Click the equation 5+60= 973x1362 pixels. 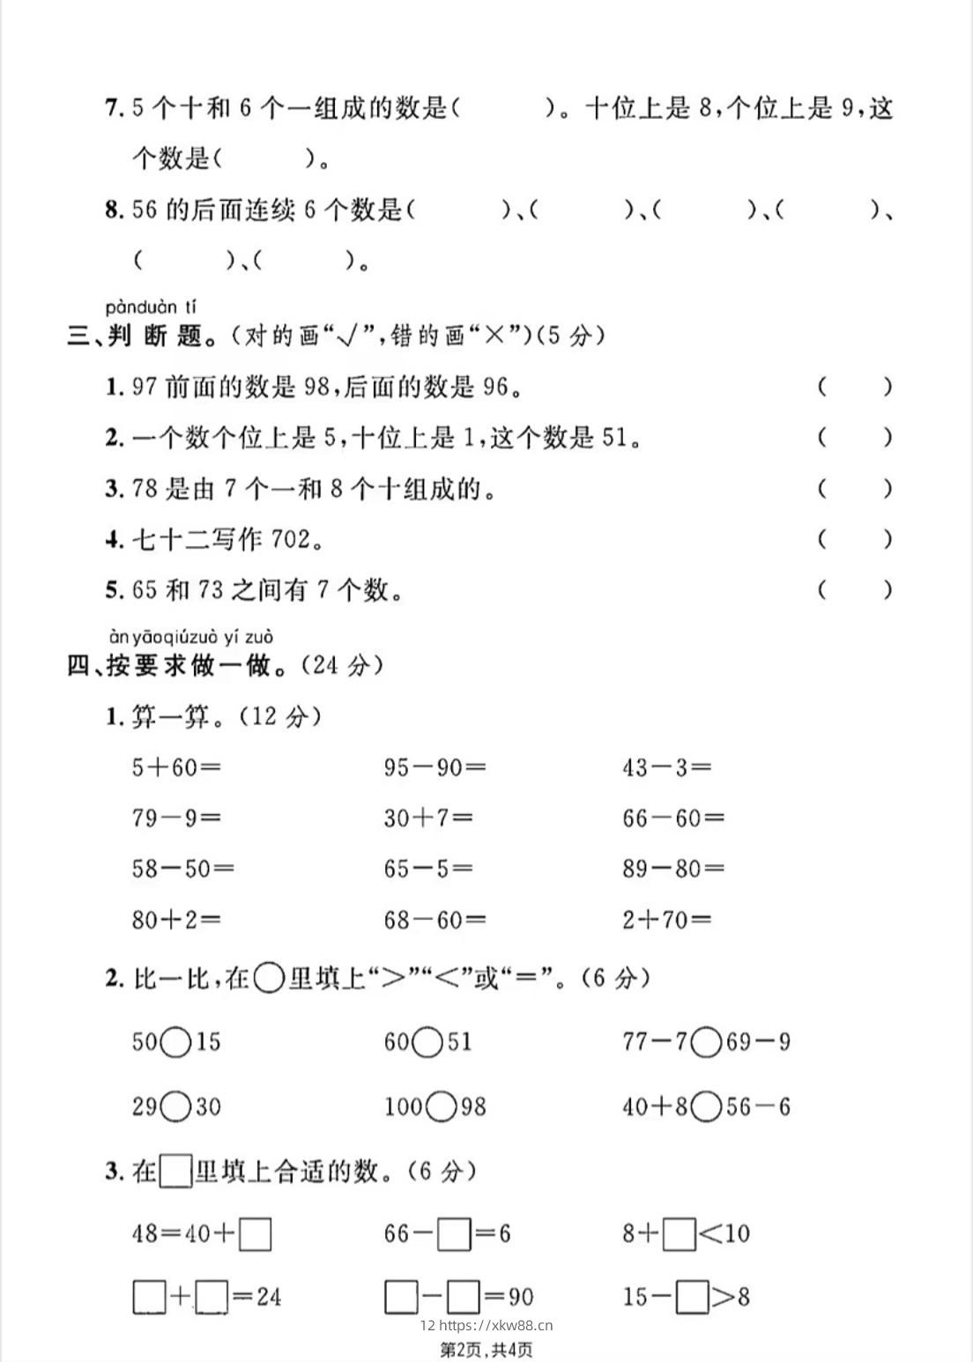(175, 767)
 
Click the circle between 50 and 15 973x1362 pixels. (176, 1042)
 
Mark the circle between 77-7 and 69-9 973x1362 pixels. (707, 1042)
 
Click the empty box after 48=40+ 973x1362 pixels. (255, 1233)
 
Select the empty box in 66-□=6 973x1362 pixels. (455, 1233)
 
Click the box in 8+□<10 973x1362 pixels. (680, 1233)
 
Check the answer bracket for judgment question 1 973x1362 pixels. (854, 387)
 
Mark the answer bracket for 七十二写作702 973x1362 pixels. (854, 539)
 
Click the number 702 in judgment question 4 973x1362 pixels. (292, 539)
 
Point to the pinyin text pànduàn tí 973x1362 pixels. (151, 307)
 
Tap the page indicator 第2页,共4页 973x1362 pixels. (486, 1349)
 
